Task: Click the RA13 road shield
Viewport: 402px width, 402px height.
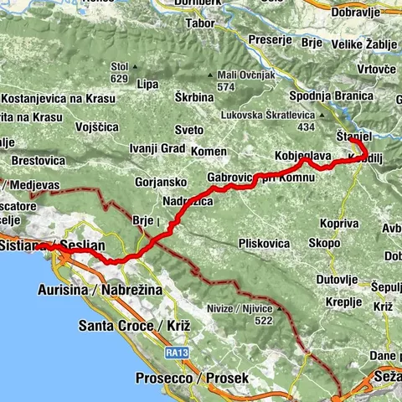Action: (x=174, y=353)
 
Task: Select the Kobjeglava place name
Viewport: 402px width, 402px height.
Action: (x=303, y=156)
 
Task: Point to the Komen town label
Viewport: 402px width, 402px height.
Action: (x=209, y=151)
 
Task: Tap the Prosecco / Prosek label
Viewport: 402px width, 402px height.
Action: (x=192, y=379)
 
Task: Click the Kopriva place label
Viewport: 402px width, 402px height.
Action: (x=338, y=224)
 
